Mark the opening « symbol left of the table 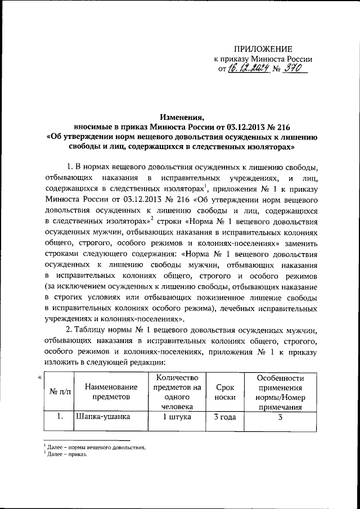pyautogui.click(x=40, y=377)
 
